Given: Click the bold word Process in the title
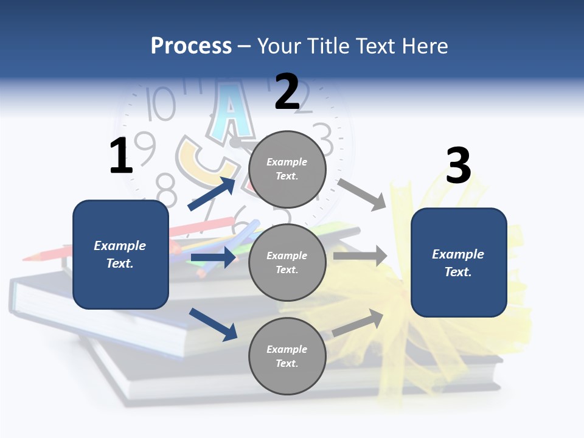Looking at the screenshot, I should (x=191, y=46).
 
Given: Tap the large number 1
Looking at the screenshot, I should (x=121, y=156).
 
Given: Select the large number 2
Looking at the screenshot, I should (x=287, y=92).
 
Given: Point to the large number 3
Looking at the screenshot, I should (x=458, y=166).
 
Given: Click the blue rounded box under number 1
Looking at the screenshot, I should (x=120, y=254).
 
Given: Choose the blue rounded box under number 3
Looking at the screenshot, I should (x=459, y=263).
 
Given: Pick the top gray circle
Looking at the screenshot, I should (x=287, y=169).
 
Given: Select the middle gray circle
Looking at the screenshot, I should (x=287, y=262).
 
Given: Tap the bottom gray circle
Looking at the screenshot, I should (x=287, y=356).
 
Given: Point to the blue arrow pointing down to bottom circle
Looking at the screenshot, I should (x=213, y=324).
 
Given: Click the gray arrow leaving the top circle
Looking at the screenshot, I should (x=362, y=194).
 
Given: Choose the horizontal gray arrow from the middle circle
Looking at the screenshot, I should (x=360, y=255).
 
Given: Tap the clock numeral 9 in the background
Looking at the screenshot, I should (x=145, y=148).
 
